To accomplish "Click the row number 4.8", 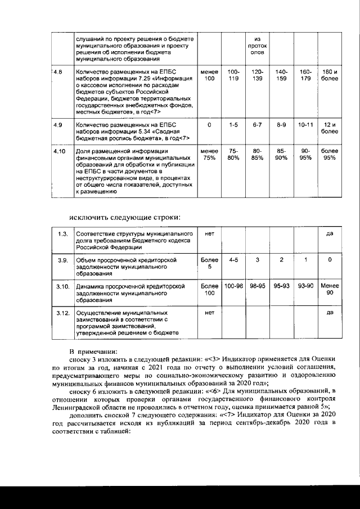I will [58, 73].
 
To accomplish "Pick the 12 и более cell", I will [330, 128].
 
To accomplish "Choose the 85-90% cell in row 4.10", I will [281, 155].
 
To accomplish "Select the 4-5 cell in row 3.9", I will [233, 260].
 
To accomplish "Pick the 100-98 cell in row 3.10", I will [233, 286].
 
